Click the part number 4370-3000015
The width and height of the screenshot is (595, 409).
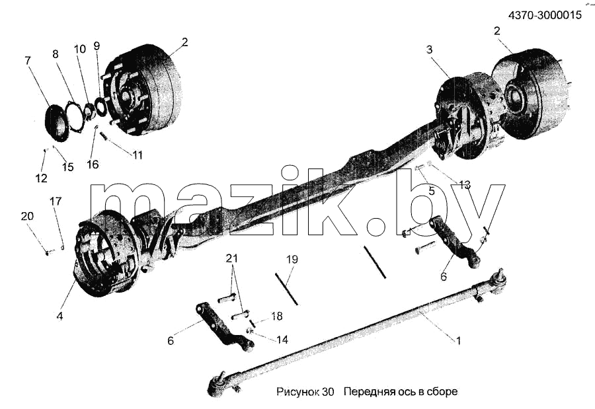(x=545, y=15)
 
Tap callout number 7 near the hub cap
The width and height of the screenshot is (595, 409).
(x=28, y=60)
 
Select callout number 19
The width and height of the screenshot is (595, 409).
(x=292, y=260)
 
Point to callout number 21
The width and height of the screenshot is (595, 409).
(x=232, y=258)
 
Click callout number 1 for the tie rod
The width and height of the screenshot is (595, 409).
(x=458, y=341)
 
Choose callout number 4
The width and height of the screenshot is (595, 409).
(x=59, y=316)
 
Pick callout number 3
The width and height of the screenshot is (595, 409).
(x=429, y=50)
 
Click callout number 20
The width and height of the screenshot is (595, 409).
(x=27, y=216)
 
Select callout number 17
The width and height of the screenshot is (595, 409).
(x=56, y=201)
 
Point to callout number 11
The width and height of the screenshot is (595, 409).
(x=138, y=155)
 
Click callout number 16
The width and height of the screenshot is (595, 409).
(x=93, y=165)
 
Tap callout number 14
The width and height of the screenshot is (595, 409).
(x=282, y=339)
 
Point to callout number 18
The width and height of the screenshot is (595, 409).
(x=277, y=316)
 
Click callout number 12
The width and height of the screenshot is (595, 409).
(x=42, y=178)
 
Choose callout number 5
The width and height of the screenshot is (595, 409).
(x=432, y=191)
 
